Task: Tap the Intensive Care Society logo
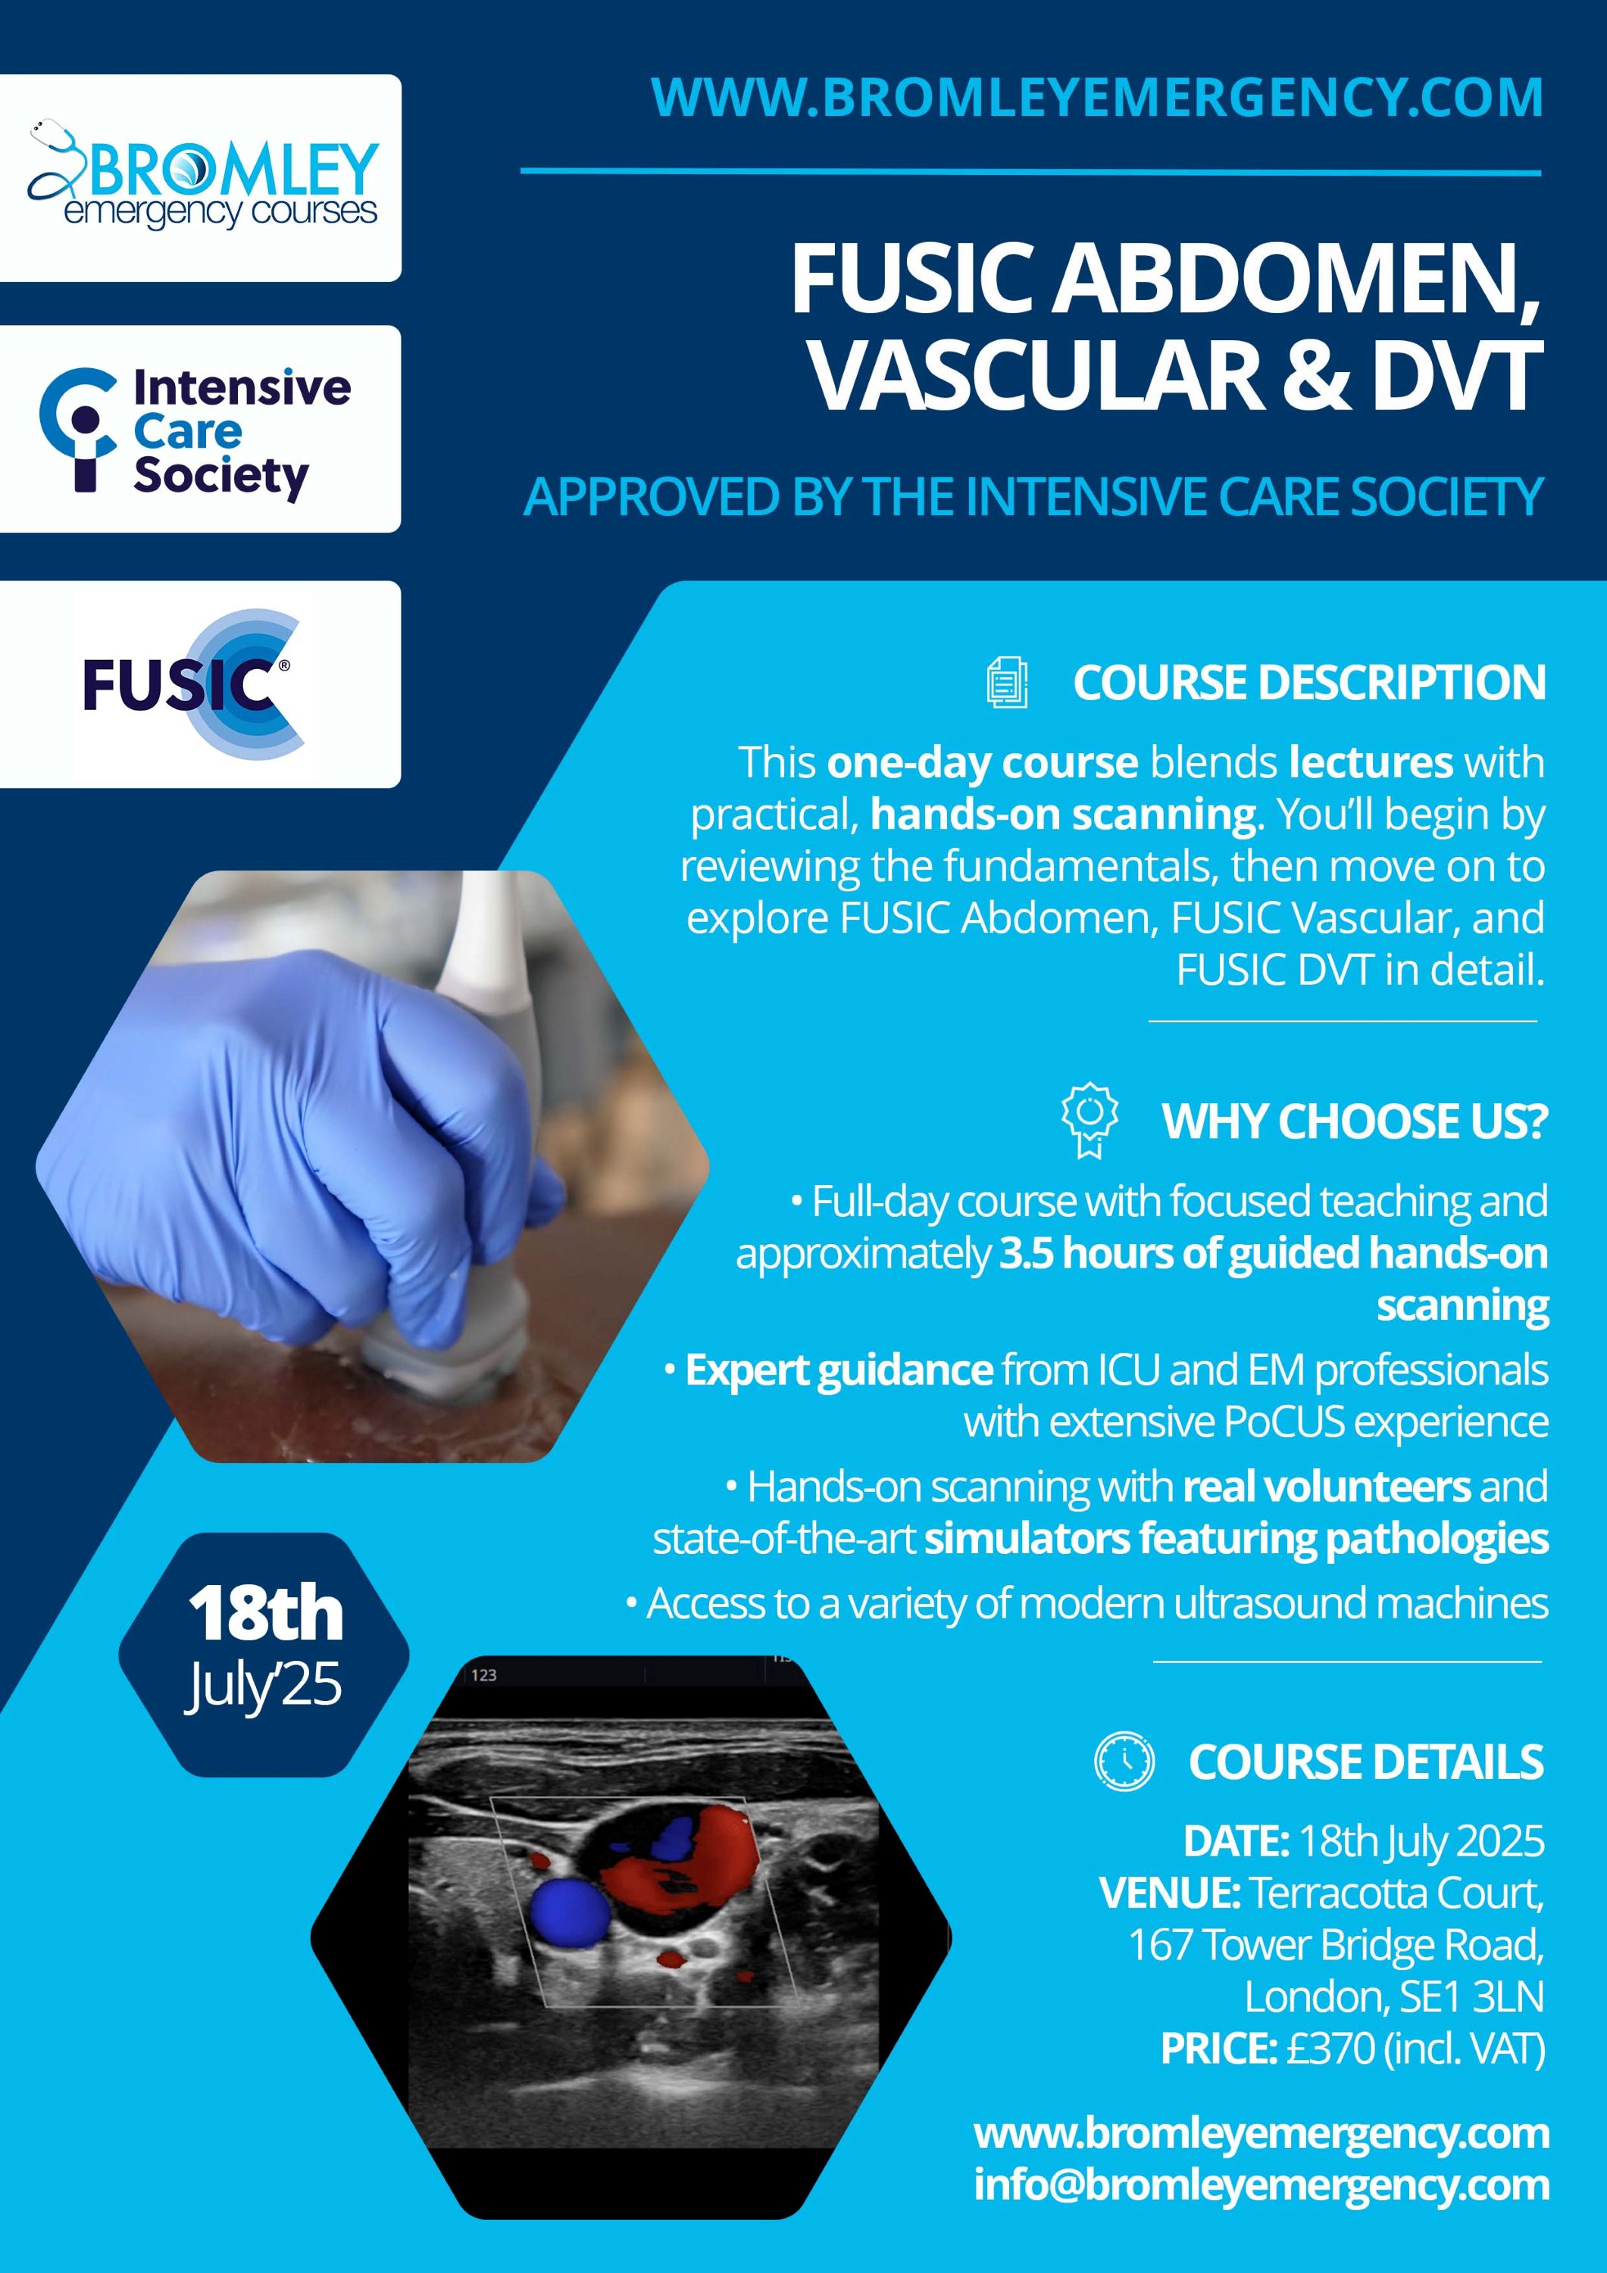[195, 430]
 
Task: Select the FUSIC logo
[194, 684]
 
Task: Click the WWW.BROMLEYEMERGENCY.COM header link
[1097, 97]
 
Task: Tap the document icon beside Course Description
[1007, 682]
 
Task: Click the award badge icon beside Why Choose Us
[1090, 1120]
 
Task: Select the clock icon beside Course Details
[1124, 1761]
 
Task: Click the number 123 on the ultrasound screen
[483, 1675]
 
